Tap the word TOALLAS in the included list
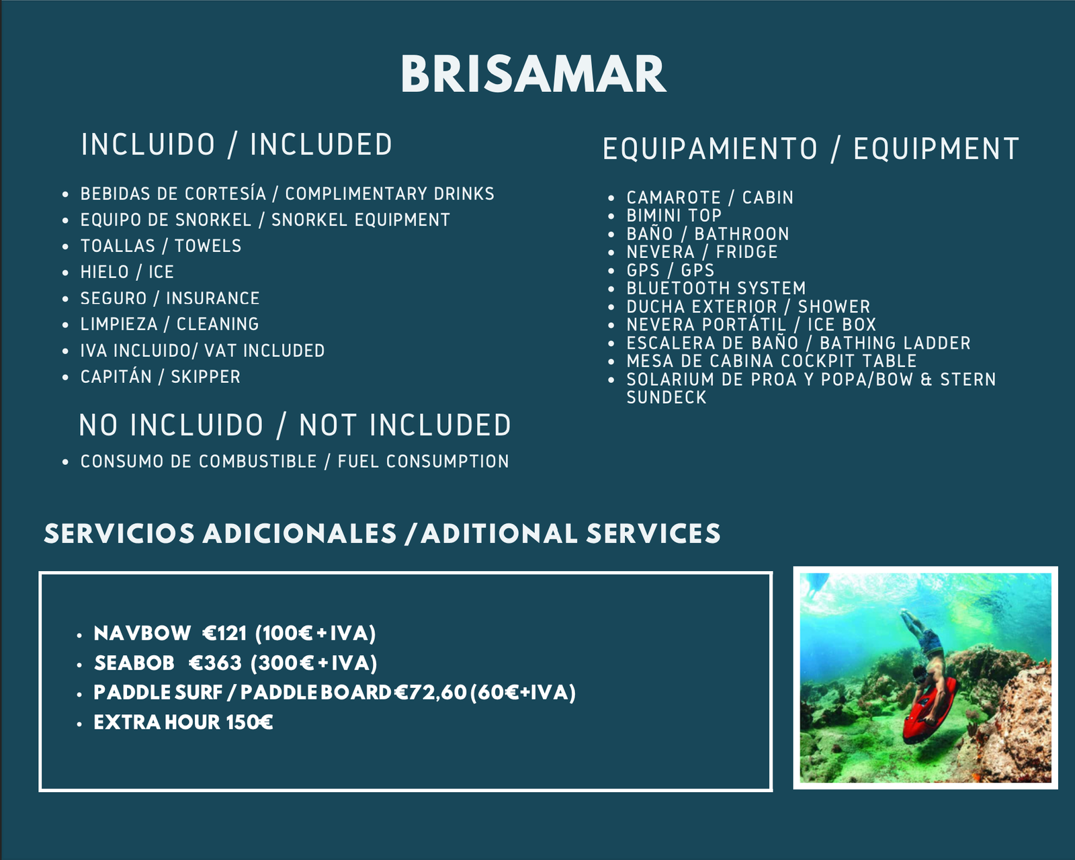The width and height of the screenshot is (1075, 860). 118,246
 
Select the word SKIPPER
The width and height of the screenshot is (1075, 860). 206,377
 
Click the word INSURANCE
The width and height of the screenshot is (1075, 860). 213,298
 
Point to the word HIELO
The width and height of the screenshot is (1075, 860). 104,272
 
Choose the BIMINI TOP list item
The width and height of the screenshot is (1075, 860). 675,216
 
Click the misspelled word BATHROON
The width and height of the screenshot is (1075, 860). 742,234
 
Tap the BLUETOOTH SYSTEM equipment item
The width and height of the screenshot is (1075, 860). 716,288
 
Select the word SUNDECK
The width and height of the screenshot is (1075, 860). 666,397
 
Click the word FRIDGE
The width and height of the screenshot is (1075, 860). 747,252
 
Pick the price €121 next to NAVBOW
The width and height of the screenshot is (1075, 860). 224,634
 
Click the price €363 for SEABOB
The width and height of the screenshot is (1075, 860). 215,663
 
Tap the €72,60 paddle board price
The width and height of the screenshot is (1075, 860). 431,693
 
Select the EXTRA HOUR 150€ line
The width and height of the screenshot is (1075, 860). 183,722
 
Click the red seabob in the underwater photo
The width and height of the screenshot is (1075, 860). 930,709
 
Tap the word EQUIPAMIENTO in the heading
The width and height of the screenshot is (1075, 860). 710,149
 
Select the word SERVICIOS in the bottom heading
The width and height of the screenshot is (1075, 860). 120,533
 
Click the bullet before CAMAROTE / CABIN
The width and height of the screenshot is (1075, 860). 611,198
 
